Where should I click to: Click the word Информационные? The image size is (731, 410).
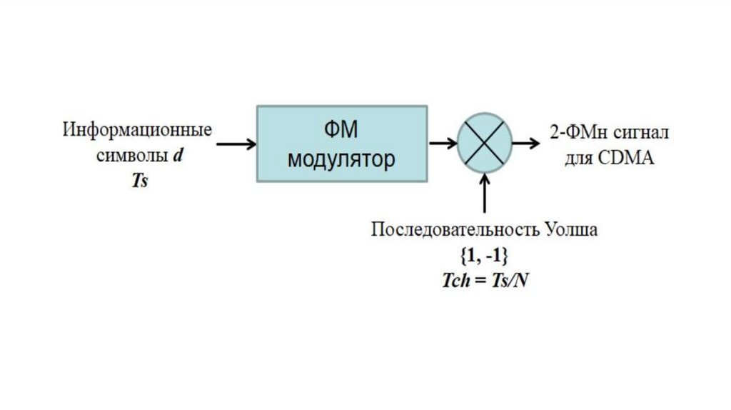click(x=137, y=131)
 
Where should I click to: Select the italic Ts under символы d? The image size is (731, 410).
click(x=138, y=181)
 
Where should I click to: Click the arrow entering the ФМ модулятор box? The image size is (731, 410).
click(x=236, y=144)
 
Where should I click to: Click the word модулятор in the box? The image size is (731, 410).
click(x=341, y=159)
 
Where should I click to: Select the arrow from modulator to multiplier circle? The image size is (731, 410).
click(x=443, y=144)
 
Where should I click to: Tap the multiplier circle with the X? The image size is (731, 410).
click(x=485, y=144)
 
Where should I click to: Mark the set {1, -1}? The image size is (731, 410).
click(x=485, y=255)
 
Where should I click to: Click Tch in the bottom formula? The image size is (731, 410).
click(x=455, y=279)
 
